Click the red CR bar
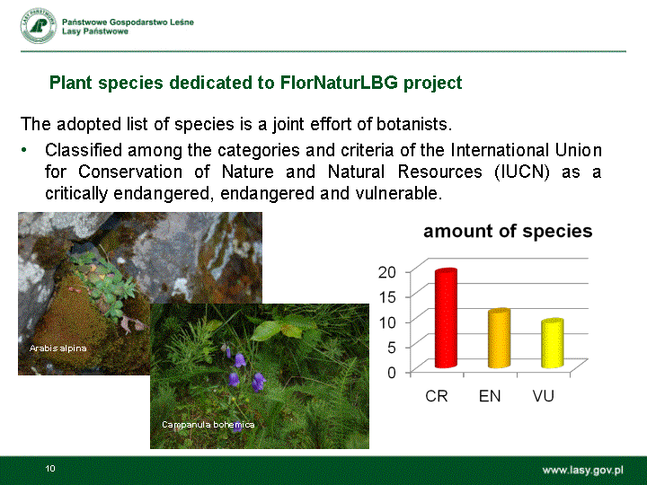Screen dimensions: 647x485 click(446, 318)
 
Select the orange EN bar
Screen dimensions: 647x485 click(499, 338)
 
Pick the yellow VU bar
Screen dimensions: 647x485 click(552, 343)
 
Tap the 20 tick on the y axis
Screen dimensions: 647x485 click(387, 272)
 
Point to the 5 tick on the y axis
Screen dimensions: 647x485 click(392, 348)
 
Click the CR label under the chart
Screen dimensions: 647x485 click(437, 396)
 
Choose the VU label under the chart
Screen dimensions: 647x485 click(543, 396)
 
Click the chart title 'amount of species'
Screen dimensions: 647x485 click(508, 231)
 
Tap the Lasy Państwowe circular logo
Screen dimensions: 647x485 click(39, 25)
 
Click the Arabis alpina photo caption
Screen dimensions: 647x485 click(58, 348)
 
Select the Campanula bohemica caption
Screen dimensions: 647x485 click(208, 424)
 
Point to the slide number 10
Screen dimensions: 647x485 click(50, 468)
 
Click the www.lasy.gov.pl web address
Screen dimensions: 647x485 click(582, 470)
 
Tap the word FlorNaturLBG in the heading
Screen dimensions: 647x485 click(339, 83)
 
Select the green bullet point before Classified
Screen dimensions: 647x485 click(24, 150)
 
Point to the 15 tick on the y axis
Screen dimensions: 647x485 click(387, 297)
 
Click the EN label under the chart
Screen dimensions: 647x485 click(490, 396)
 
